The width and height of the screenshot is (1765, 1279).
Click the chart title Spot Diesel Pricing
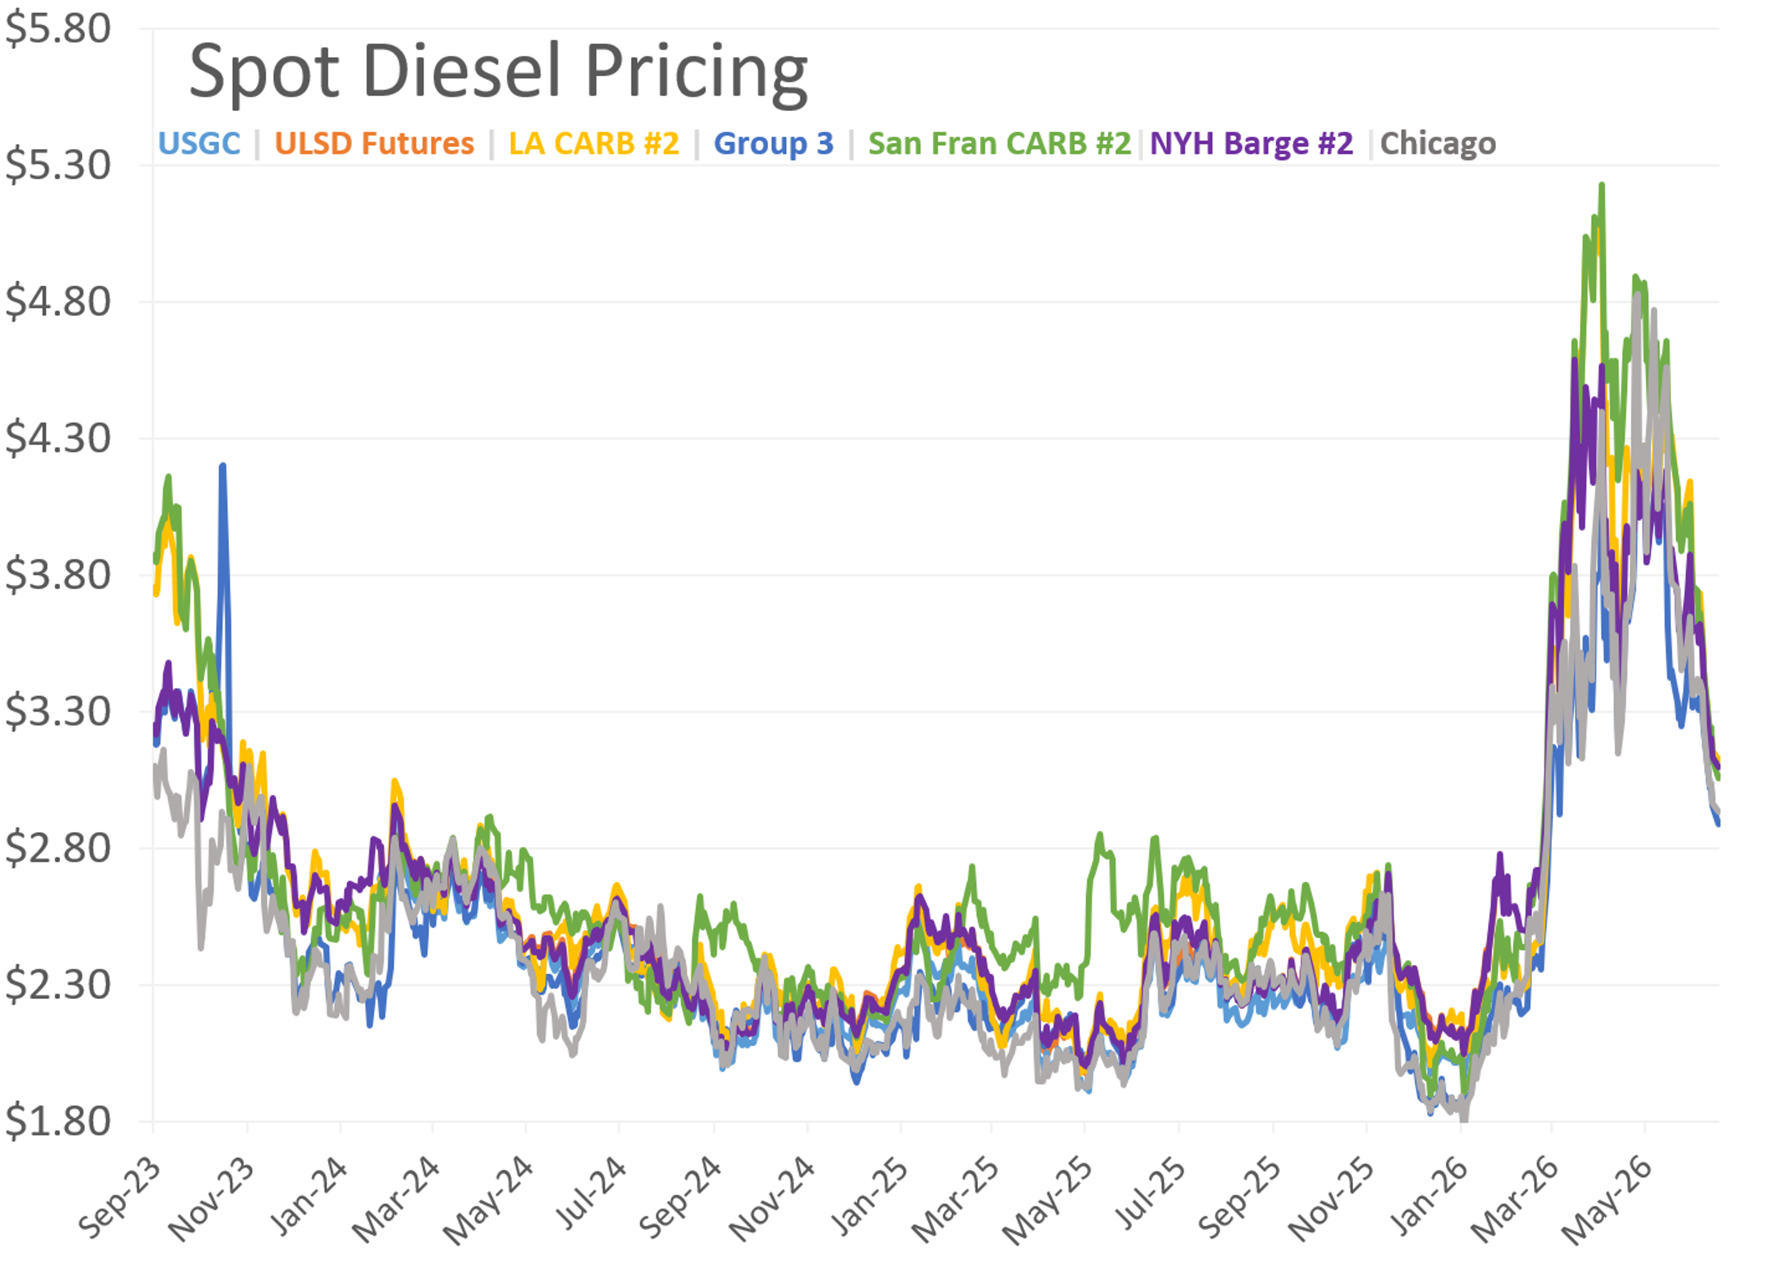coord(498,73)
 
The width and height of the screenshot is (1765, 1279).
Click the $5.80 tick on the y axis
coord(57,29)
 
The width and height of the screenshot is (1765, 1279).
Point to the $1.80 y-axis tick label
coord(57,1121)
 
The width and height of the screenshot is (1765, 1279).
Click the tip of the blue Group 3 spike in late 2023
coord(222,465)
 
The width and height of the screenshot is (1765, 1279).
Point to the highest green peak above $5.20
coord(1601,184)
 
